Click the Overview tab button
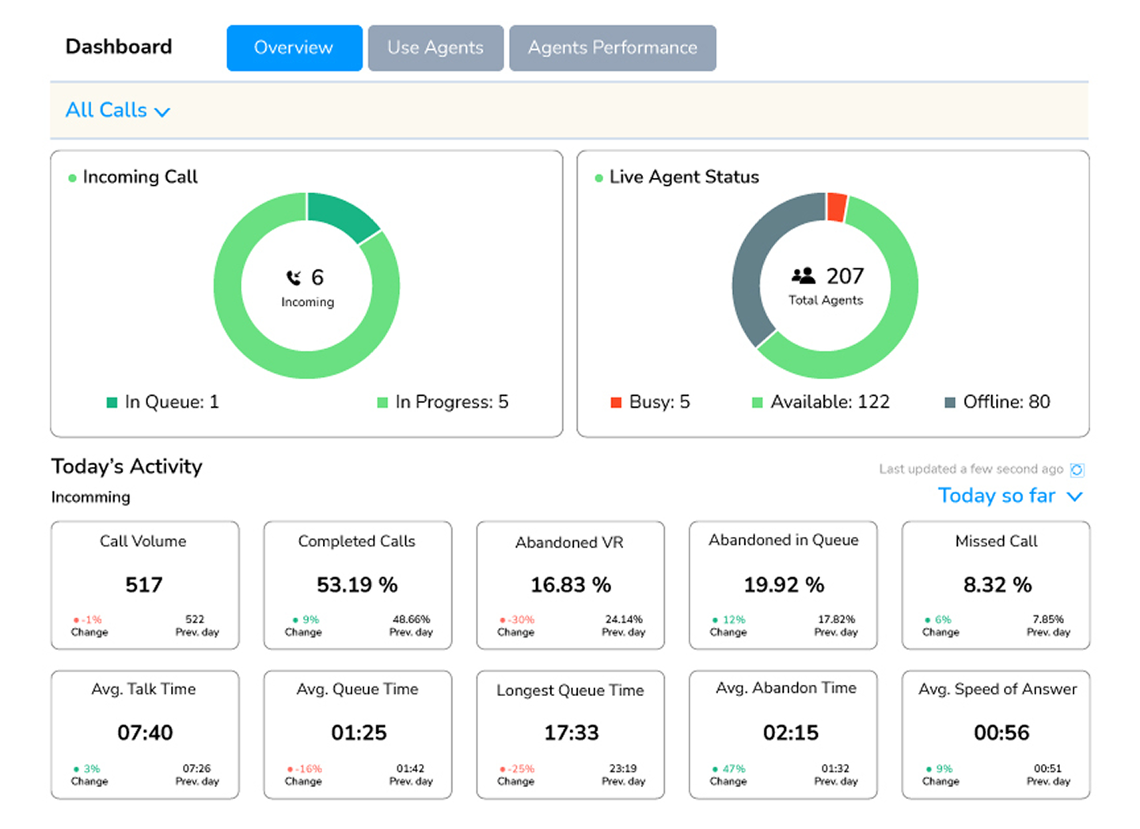click(294, 48)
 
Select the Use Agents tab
click(435, 48)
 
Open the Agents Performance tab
click(612, 48)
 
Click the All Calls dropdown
click(117, 110)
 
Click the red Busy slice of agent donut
click(836, 207)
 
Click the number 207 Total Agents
click(845, 276)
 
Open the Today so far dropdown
click(1009, 496)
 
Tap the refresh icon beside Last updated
click(1077, 470)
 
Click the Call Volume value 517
click(144, 585)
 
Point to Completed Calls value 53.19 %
click(357, 585)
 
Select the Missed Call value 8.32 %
click(997, 585)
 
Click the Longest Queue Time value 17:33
click(571, 733)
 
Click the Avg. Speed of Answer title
click(997, 690)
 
